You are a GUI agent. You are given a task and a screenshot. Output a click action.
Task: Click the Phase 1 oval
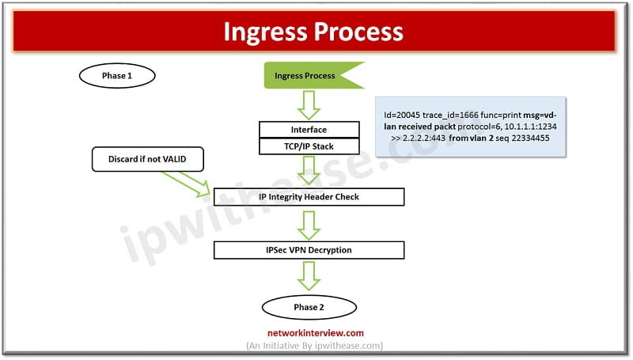(x=117, y=75)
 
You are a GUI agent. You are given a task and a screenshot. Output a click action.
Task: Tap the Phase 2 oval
(x=309, y=307)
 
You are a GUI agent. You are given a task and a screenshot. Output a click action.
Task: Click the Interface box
(x=309, y=130)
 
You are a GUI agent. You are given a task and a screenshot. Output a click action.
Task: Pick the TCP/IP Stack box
(x=309, y=146)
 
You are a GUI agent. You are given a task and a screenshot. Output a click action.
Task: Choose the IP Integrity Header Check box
(x=309, y=197)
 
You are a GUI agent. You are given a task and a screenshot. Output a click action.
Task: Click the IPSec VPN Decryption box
(x=309, y=250)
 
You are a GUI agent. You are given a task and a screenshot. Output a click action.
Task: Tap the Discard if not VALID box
(x=148, y=159)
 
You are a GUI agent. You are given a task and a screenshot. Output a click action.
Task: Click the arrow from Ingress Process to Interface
(x=309, y=105)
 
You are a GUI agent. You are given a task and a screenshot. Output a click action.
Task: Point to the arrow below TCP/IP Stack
(x=309, y=171)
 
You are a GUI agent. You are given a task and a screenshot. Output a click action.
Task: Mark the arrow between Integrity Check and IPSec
(x=309, y=225)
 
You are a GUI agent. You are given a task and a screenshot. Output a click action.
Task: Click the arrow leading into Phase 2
(x=309, y=276)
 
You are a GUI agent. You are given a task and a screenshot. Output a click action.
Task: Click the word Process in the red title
(x=358, y=32)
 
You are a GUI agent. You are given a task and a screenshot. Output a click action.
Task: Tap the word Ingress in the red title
(x=265, y=32)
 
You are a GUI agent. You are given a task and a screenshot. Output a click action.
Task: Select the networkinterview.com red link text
(x=316, y=333)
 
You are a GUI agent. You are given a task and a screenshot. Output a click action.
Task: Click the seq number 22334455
(x=530, y=138)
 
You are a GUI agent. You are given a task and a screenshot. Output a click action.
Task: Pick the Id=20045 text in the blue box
(x=402, y=115)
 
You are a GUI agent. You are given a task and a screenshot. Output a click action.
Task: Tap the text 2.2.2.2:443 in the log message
(x=424, y=138)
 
